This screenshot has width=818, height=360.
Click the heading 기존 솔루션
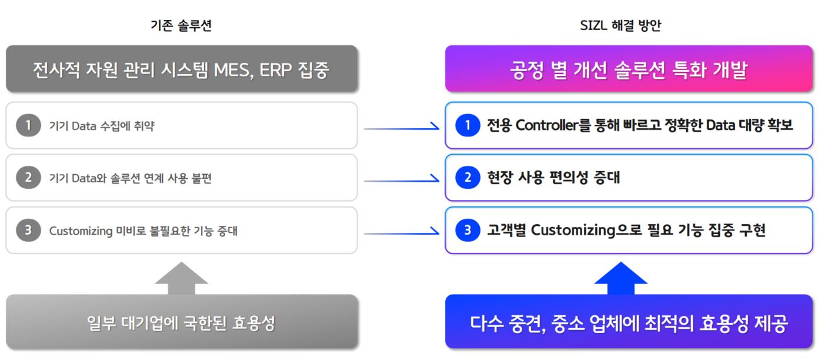[181, 25]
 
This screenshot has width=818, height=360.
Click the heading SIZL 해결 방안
[620, 25]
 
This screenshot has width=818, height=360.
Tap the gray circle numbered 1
[28, 125]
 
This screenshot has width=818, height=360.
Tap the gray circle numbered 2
[28, 178]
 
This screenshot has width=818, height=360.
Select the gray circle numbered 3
[28, 230]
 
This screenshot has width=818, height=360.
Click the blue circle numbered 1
[468, 125]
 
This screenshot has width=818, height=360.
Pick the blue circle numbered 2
[468, 178]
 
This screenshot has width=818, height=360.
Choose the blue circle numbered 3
[468, 230]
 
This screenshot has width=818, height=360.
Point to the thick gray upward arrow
[182, 278]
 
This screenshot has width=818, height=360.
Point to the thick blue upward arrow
[621, 278]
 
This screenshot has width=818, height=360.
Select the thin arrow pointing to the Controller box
[402, 128]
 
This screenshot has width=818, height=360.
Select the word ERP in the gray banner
[275, 70]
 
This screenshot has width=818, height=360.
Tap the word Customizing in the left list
[81, 231]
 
